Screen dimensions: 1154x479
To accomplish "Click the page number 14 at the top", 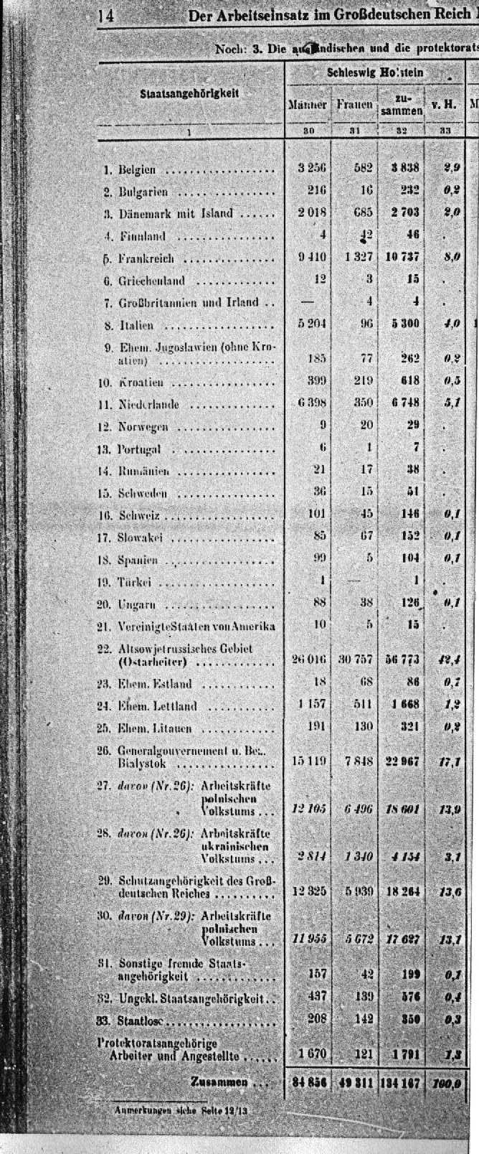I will pos(106,16).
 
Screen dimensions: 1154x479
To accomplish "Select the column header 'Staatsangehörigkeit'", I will pos(189,93).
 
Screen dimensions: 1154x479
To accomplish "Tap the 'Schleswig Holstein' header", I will pos(375,72).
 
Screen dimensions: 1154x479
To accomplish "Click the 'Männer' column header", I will pos(308,104).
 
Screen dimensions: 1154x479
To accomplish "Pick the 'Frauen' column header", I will pos(355,104).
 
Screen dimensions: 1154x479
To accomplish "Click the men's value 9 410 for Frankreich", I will pos(312,257).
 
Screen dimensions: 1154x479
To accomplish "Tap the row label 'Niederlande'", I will pos(148,405).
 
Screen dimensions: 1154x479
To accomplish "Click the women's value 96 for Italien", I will pos(366,324).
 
